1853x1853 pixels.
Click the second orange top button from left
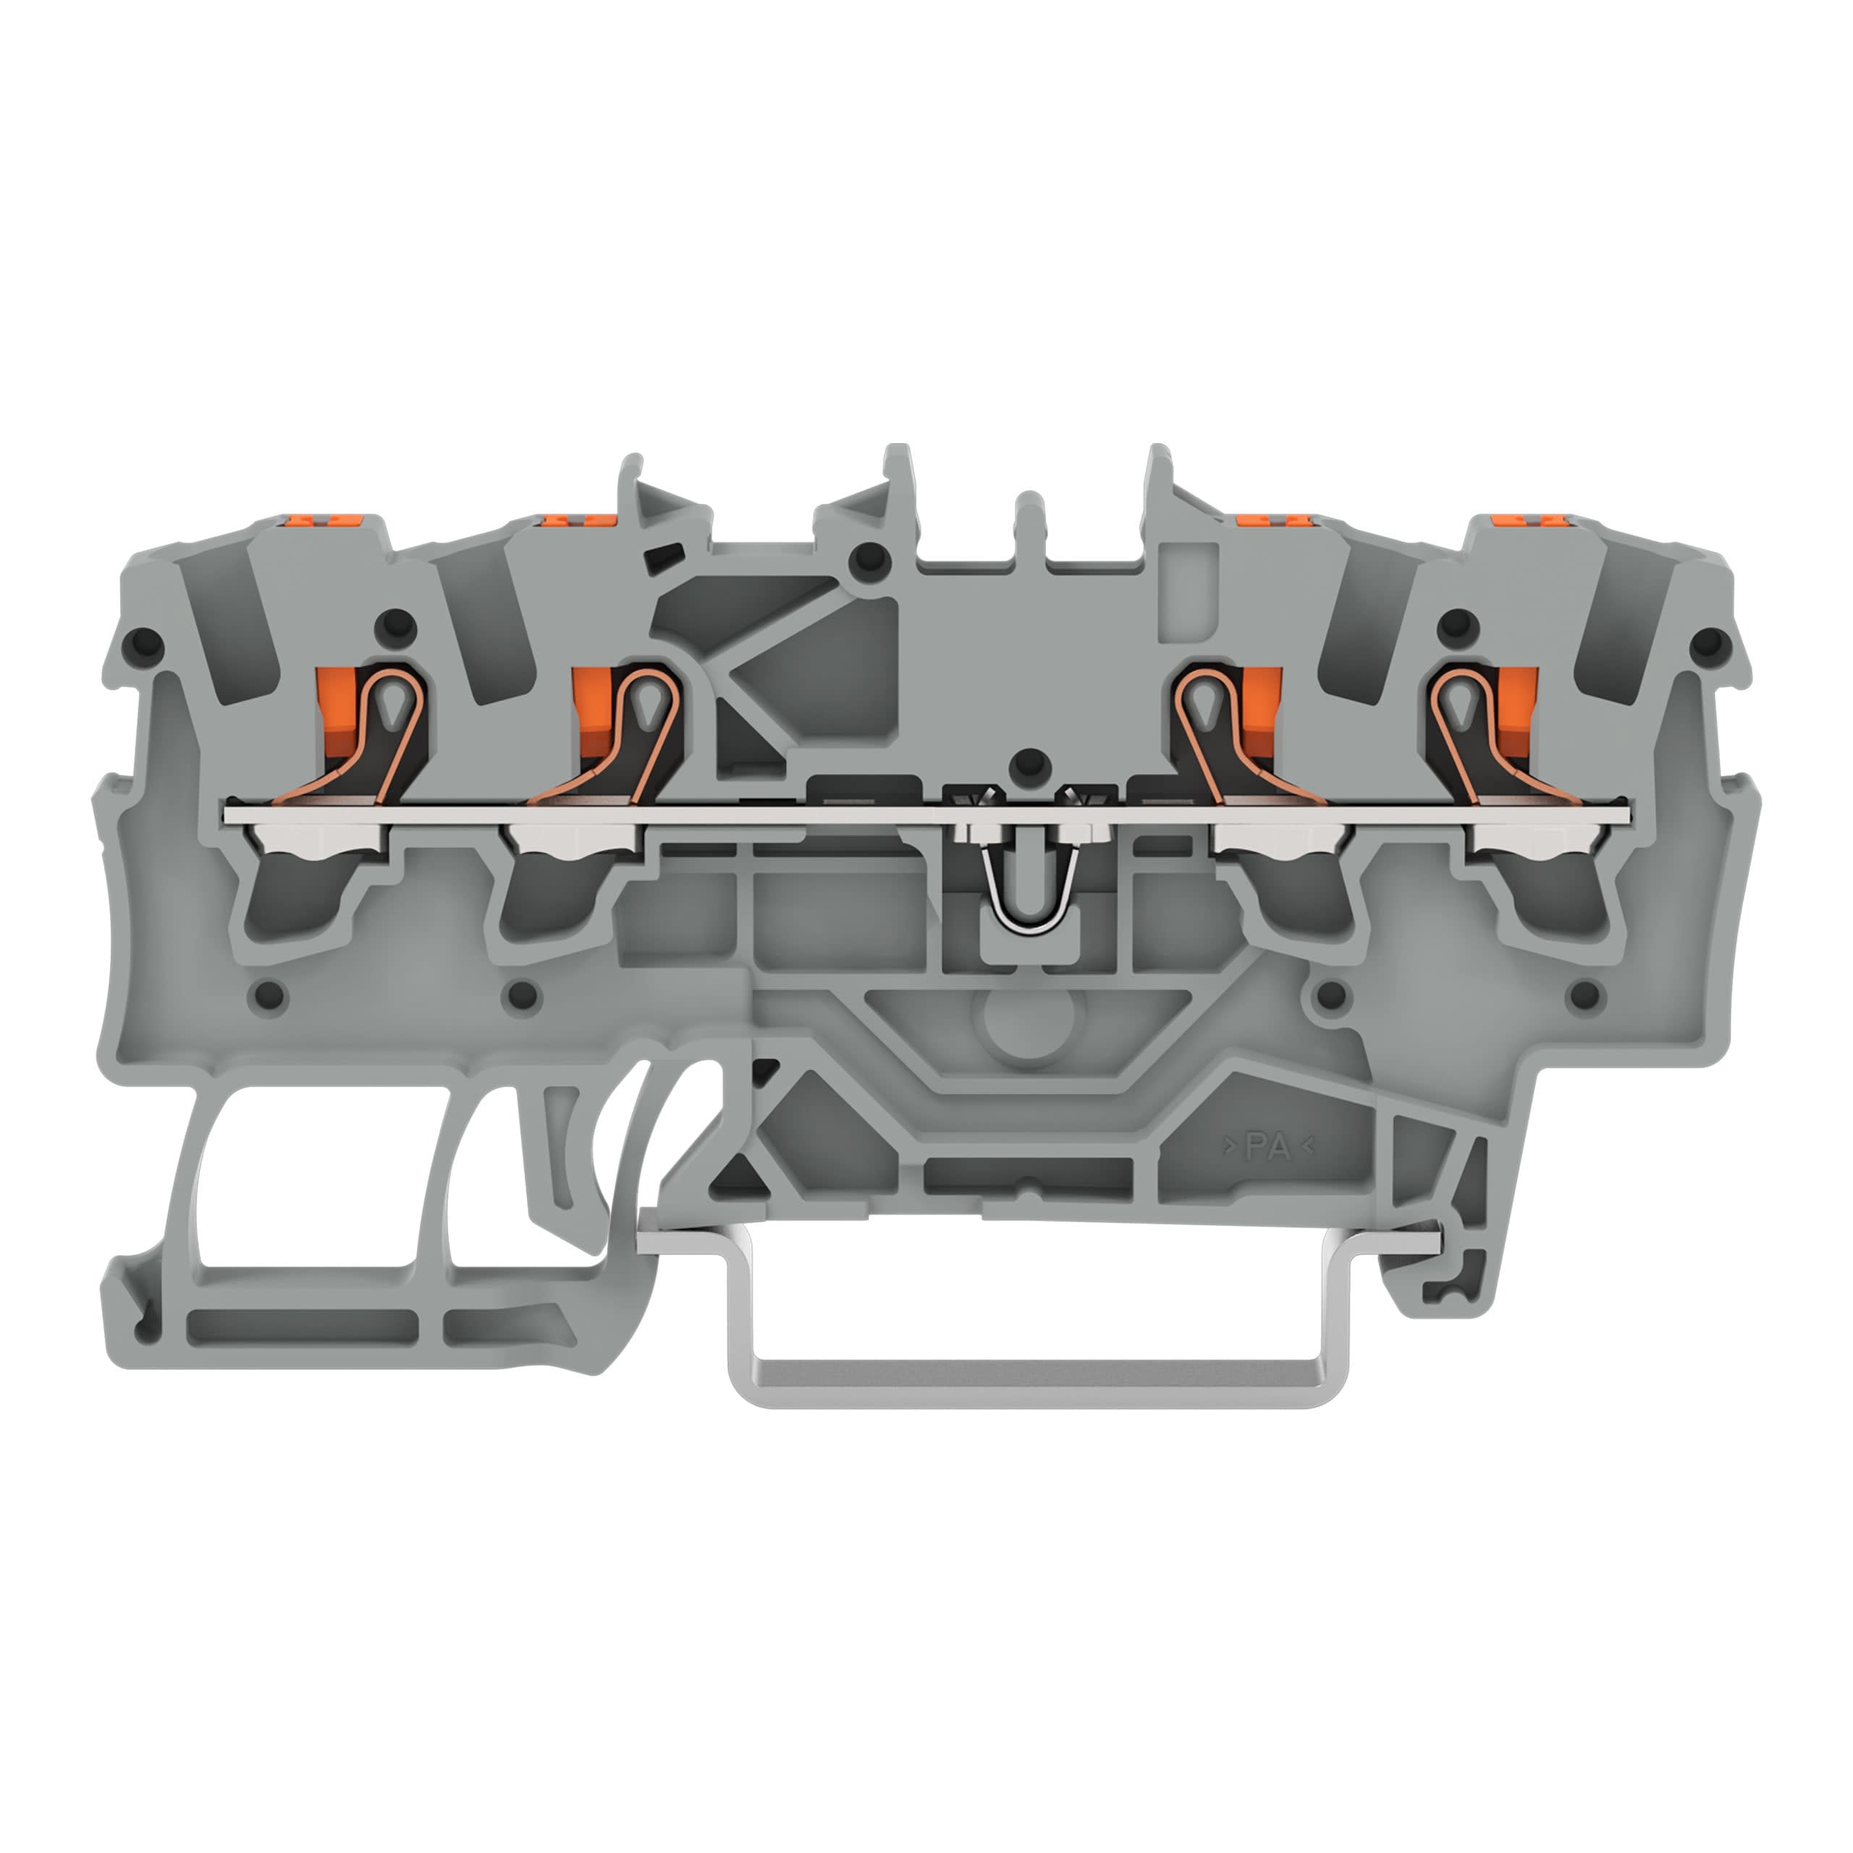578,519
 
